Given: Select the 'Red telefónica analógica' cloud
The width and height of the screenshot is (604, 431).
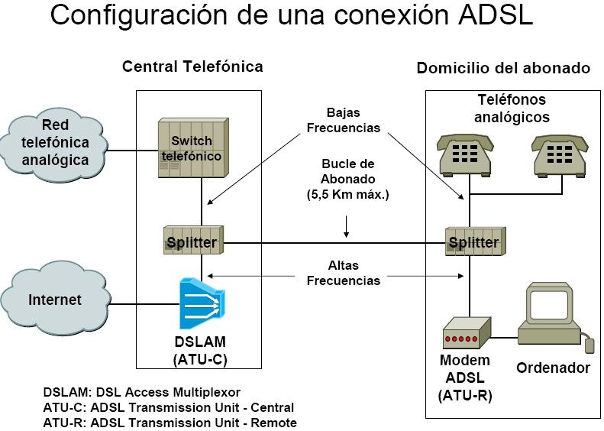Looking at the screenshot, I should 54,142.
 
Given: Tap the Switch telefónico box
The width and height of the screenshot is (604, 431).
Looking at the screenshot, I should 190,147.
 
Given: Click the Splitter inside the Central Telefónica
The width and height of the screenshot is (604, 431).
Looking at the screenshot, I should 192,243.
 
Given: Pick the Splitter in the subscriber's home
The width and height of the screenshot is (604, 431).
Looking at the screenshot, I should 473,243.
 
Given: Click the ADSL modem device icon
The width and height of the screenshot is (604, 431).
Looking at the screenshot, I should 465,335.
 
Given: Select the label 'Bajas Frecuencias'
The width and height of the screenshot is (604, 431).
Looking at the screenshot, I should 343,121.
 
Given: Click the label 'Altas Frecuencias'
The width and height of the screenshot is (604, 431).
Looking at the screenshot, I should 343,274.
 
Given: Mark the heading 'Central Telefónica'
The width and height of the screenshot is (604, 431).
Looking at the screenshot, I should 192,66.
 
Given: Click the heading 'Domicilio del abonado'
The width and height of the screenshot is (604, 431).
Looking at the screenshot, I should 503,68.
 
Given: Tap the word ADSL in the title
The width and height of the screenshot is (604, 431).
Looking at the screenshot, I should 493,16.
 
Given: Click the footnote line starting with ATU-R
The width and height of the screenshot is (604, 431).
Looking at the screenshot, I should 170,422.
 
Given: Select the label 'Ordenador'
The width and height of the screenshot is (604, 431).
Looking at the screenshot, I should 554,368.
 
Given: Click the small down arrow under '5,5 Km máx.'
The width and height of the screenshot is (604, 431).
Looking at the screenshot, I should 347,226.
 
